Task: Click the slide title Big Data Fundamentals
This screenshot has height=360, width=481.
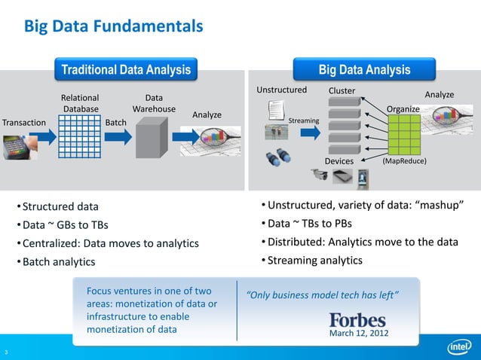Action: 114,27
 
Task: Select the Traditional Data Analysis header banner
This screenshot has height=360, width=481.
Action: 126,70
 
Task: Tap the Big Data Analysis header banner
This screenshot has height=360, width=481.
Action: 364,70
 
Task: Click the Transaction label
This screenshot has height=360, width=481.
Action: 24,123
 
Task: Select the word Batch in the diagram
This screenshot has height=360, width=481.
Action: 115,123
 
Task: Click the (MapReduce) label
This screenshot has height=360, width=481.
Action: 405,162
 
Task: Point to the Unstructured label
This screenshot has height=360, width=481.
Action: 281,90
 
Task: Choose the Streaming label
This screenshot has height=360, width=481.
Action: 304,121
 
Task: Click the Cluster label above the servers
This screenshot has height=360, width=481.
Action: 342,91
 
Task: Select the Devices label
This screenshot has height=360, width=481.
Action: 339,162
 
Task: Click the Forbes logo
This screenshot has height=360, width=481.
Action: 357,319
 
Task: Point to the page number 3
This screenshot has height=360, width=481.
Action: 5,352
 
